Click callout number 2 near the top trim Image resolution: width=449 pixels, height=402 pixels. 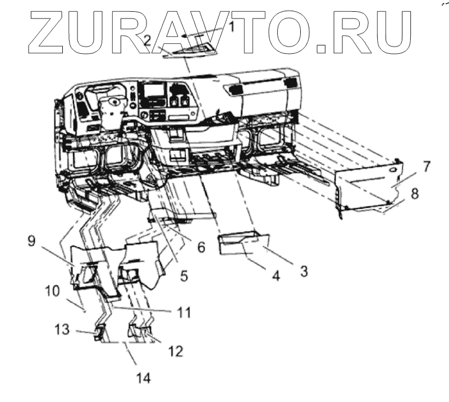click(x=148, y=40)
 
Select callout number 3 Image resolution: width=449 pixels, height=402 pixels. click(x=303, y=271)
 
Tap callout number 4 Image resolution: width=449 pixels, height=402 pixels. click(x=276, y=276)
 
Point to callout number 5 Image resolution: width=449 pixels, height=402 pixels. click(x=184, y=276)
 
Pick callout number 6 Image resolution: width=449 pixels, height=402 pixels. click(x=201, y=247)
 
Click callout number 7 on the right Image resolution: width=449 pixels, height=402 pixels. click(x=427, y=166)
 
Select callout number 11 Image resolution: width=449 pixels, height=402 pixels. click(x=185, y=310)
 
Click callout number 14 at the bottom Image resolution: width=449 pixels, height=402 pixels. click(x=143, y=377)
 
